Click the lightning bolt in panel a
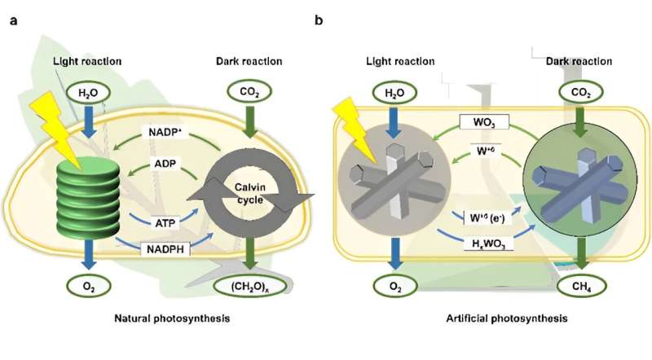coord(48,117)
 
